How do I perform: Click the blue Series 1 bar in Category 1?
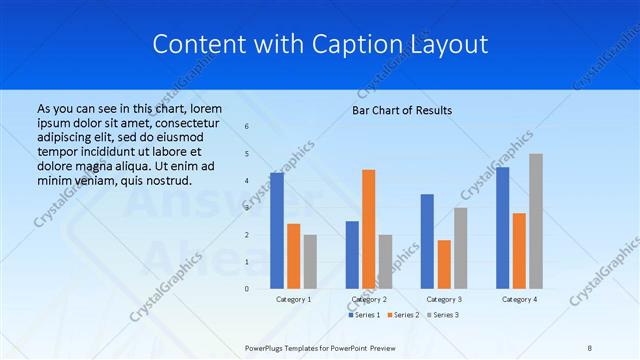pos(277,231)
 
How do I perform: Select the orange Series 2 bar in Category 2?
pos(368,229)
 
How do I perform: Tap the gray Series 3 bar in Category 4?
pos(536,221)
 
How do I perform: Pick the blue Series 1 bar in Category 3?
pos(427,241)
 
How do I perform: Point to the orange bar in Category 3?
pos(444,264)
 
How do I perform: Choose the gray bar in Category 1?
pos(310,262)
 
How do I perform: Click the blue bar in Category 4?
pos(502,228)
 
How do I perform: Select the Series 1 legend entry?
pos(365,315)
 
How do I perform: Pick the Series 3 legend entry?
pos(443,315)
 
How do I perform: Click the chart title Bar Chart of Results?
pos(402,110)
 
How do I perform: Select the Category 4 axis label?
pos(519,300)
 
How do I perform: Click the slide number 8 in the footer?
pos(590,348)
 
